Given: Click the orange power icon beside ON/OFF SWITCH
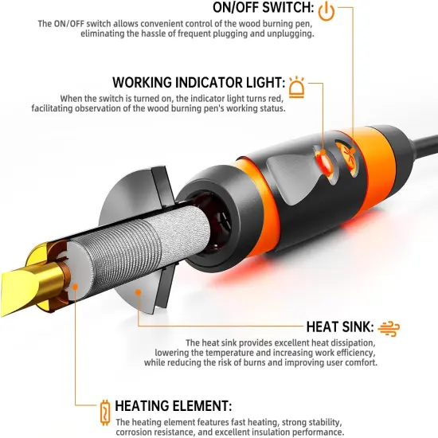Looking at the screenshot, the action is coord(327,11).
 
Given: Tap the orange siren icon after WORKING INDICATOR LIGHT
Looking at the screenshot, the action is coord(297,87).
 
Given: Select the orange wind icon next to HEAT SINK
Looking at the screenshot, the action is coord(389,328).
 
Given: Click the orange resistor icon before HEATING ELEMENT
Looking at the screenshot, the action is coord(105,413).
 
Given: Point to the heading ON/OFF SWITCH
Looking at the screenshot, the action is coord(264,7).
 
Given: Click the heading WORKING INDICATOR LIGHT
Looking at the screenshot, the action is coord(199,82).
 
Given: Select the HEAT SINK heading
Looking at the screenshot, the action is coord(340,327).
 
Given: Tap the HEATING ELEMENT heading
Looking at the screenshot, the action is coord(173,405).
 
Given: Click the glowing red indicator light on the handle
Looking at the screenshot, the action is coord(324,162).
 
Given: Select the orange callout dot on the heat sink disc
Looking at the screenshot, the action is coord(138,292).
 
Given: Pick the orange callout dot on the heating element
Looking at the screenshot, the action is coord(75,287).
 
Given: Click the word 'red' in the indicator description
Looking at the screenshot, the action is coord(276,99).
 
